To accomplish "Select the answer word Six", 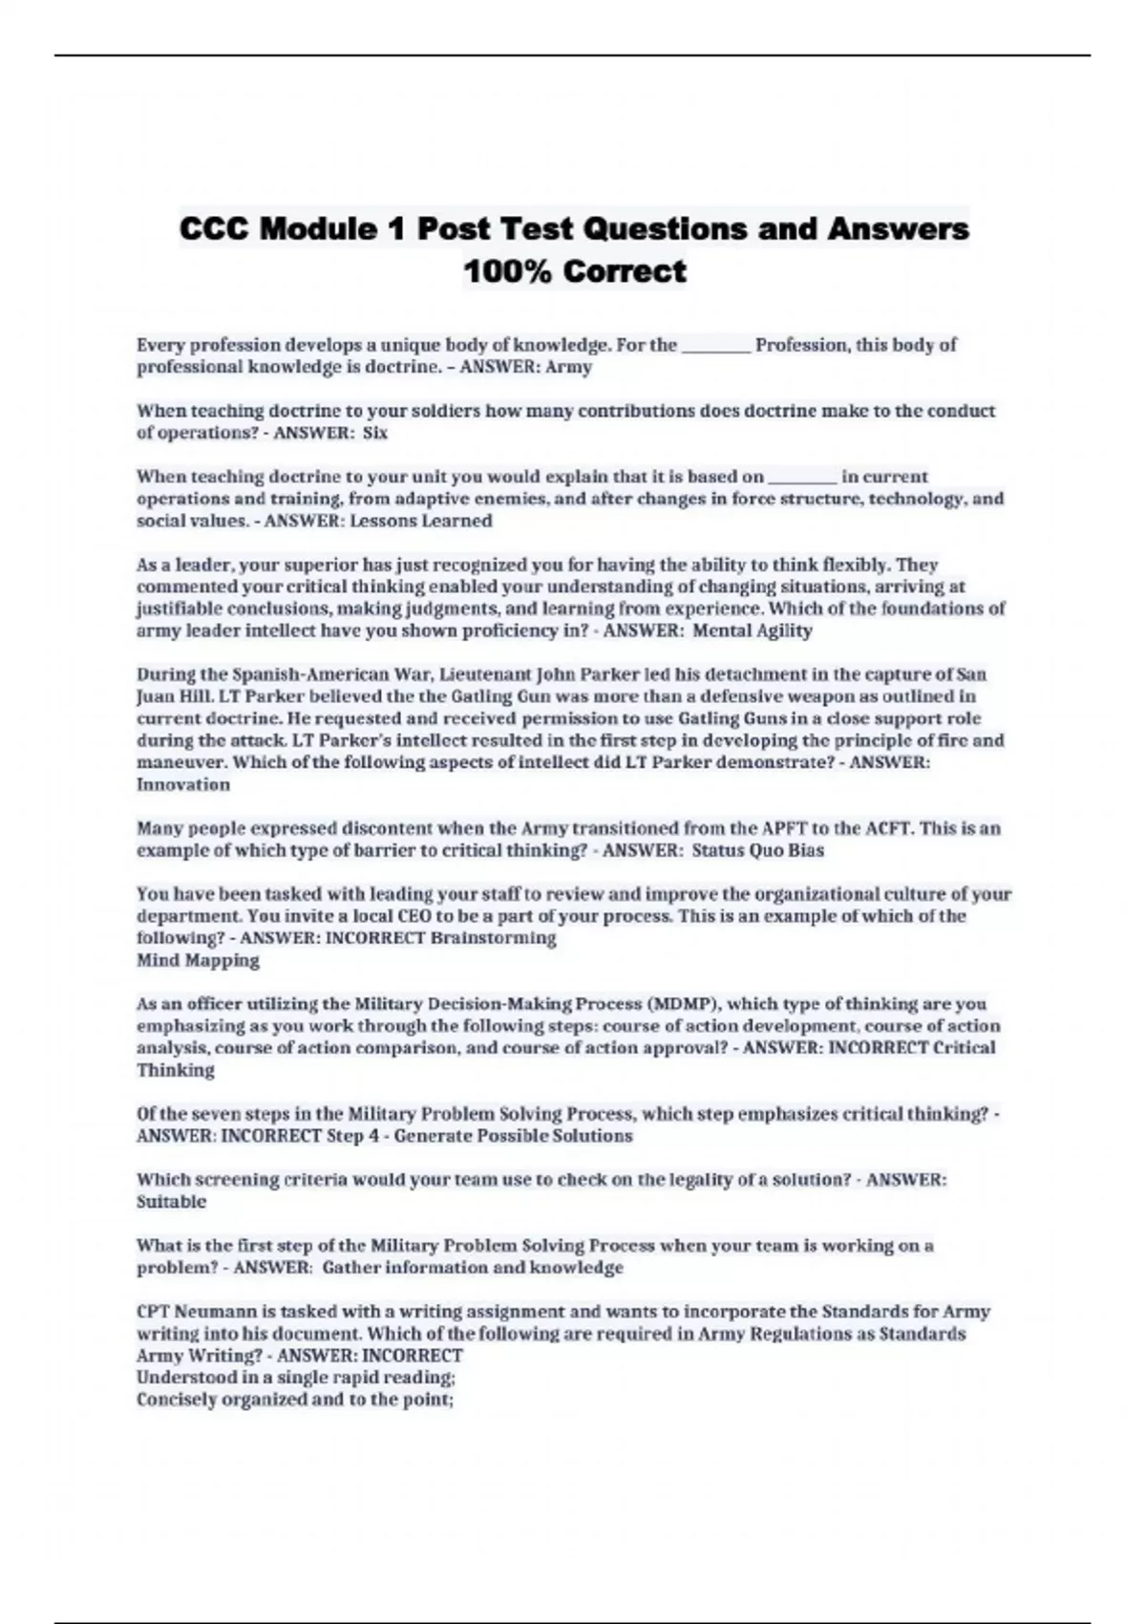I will (375, 433).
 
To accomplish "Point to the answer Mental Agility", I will (753, 630).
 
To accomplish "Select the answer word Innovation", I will (183, 785).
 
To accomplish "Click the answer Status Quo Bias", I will (757, 850).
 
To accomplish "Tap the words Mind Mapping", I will (198, 960).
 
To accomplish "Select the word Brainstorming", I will (494, 938).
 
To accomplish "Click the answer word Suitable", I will (172, 1202).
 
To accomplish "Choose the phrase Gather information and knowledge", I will (473, 1268).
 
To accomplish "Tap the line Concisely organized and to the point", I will (294, 1400).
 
